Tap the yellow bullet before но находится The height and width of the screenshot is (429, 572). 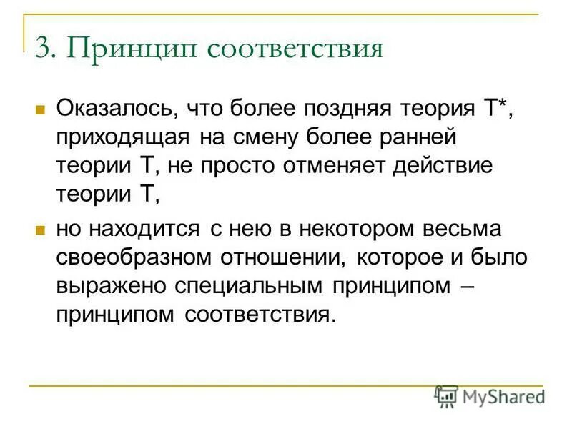tap(40, 231)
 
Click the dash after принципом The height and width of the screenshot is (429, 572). tap(468, 286)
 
